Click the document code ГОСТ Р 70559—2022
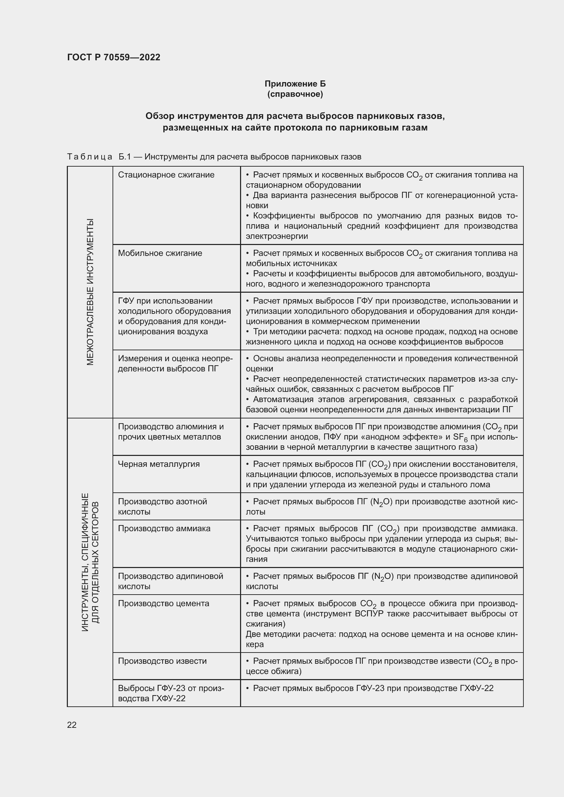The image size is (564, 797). (114, 57)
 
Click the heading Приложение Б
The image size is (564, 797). (295, 84)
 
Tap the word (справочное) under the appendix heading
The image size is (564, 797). (295, 94)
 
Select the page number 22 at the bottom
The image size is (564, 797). (72, 725)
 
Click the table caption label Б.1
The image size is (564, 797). (124, 157)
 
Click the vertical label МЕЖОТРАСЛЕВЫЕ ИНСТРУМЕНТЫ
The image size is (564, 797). (90, 292)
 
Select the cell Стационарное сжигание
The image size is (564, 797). (166, 175)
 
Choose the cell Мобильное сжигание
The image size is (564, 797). (160, 253)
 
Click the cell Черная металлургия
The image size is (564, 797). (159, 464)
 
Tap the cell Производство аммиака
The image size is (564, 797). (164, 529)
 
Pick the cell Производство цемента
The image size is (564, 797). (163, 603)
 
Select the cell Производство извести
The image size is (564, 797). (162, 661)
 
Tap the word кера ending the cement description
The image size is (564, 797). (255, 644)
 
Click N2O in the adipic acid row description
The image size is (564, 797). (382, 577)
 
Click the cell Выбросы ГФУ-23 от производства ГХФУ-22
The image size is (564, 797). (171, 693)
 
